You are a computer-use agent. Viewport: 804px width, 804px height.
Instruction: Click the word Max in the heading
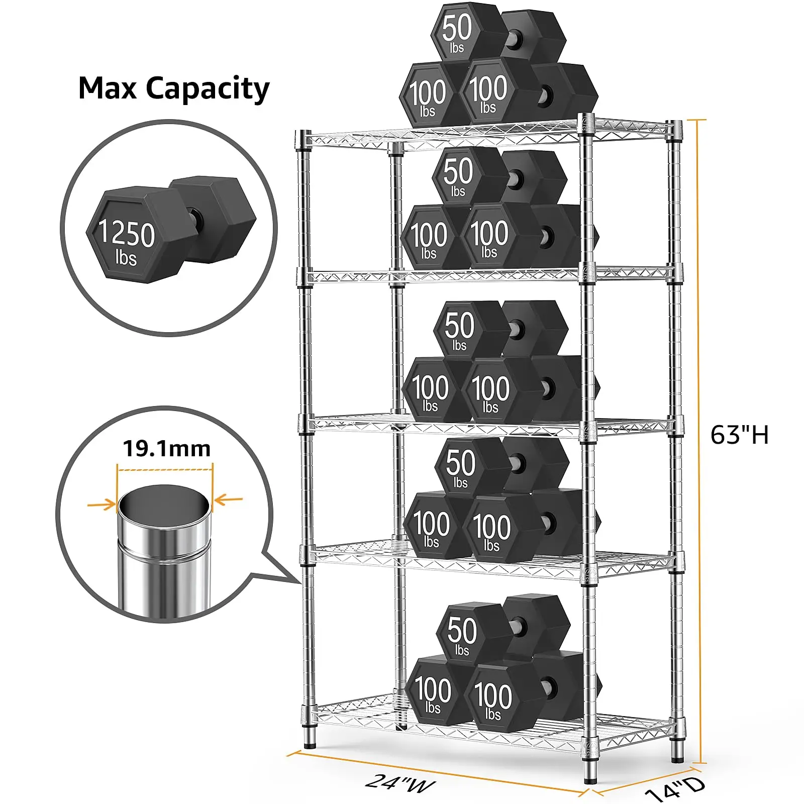pos(108,88)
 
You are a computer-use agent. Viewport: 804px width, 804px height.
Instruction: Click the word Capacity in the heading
pos(208,89)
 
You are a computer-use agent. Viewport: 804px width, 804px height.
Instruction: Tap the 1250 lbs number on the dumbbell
pos(126,233)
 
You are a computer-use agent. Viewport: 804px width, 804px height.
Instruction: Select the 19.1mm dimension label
pos(166,448)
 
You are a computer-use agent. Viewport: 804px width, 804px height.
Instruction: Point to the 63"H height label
pos(739,435)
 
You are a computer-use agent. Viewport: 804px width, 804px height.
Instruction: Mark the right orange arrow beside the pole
pos(229,499)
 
